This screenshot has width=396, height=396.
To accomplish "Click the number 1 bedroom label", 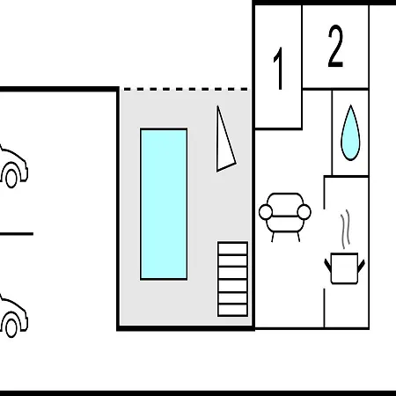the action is pos(279,68).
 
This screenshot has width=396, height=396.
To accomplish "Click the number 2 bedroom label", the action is pos(335,46).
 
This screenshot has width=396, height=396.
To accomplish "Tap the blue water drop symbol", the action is pos(350,133).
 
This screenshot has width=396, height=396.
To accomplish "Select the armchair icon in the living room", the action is pos(285,217).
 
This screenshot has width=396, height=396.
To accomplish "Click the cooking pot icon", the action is pos(344,268).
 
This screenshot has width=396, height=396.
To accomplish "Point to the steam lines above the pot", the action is pos(345,229).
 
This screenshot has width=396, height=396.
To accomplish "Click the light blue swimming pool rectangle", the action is pos(164,204).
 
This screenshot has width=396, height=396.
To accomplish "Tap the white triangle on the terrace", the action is pos(224,141).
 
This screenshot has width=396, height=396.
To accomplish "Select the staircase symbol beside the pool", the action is pos(232,279).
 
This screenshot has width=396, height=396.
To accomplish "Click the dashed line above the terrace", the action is pos(186,89).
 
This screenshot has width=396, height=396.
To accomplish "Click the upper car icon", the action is pos(13,165).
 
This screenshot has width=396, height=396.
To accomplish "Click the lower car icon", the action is pos(13,315).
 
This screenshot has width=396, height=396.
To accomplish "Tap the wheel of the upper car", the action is pos(11,178).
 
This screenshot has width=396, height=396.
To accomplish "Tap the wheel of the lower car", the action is pos(11,328).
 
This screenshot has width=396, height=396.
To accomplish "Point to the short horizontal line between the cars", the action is pos(17,234).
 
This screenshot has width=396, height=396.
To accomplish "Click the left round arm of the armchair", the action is pos(266,212).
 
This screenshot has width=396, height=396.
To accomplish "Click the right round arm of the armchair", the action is pos(304,212).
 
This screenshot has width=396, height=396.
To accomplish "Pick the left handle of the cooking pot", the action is pos(328,265).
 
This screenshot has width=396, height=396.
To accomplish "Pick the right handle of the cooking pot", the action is pos(361,265).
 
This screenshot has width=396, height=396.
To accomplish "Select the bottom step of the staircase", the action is pos(232,311).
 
